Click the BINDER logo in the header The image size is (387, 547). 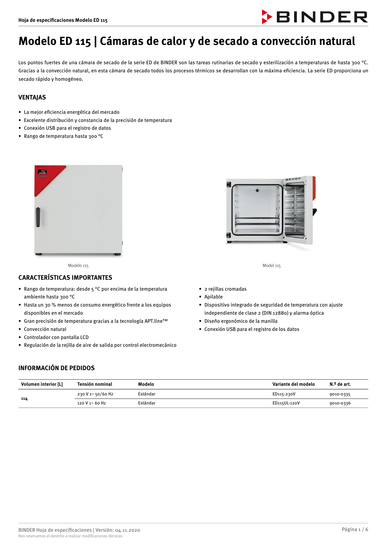point(315,17)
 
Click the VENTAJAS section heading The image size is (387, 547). point(32,97)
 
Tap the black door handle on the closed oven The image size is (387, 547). point(38,217)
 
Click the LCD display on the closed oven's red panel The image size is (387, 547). point(42,172)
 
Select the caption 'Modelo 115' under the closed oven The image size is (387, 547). point(78,266)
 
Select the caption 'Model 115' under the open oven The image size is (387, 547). point(271,266)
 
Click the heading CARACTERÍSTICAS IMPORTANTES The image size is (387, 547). point(65,278)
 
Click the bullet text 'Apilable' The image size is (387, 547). point(214,297)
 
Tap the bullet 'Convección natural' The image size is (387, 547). point(45,329)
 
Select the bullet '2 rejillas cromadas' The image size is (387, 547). point(225,289)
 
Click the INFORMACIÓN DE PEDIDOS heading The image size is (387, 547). point(56,368)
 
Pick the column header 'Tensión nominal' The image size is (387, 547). point(95,384)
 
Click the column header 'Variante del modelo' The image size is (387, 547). point(293,384)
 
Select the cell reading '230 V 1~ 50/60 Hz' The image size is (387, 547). point(95,394)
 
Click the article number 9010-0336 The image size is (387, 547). point(340,403)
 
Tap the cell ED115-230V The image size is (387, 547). point(284,394)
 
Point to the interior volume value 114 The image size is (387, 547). point(24,399)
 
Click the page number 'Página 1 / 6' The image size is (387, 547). point(355,529)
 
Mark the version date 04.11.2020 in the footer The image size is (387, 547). point(128,530)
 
